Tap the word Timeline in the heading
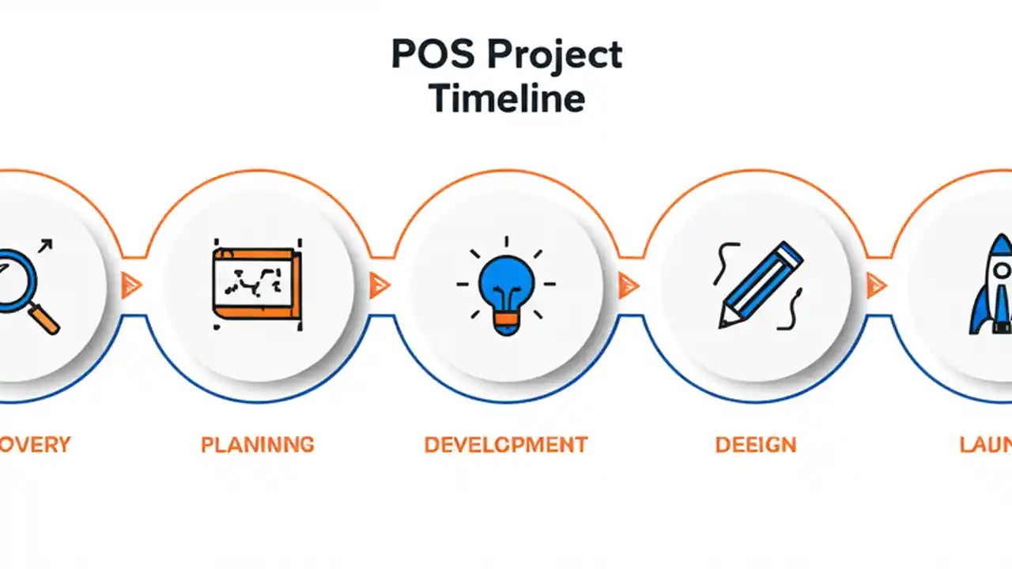(x=507, y=99)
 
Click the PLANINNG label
(x=257, y=444)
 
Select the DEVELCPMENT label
(x=506, y=444)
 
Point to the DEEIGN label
(x=755, y=444)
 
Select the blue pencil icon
(x=761, y=284)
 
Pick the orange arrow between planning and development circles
(x=379, y=284)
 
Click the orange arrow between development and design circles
(x=629, y=284)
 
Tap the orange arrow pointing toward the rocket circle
(x=876, y=284)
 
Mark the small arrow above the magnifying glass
(x=44, y=247)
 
